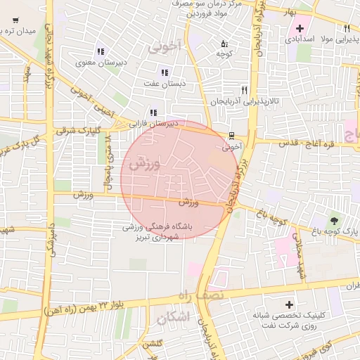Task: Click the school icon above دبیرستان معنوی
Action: pyautogui.click(x=101, y=51)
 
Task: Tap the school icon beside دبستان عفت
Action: pyautogui.click(x=165, y=72)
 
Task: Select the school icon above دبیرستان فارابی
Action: pyautogui.click(x=153, y=112)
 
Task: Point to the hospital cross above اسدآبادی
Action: pyautogui.click(x=300, y=29)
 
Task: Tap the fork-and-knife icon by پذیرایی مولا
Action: pyautogui.click(x=347, y=28)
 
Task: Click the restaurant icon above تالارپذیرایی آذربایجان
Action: pyautogui.click(x=244, y=90)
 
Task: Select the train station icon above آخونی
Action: pyautogui.click(x=231, y=136)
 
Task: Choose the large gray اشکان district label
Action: pyautogui.click(x=174, y=318)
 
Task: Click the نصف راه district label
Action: pyautogui.click(x=205, y=295)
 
